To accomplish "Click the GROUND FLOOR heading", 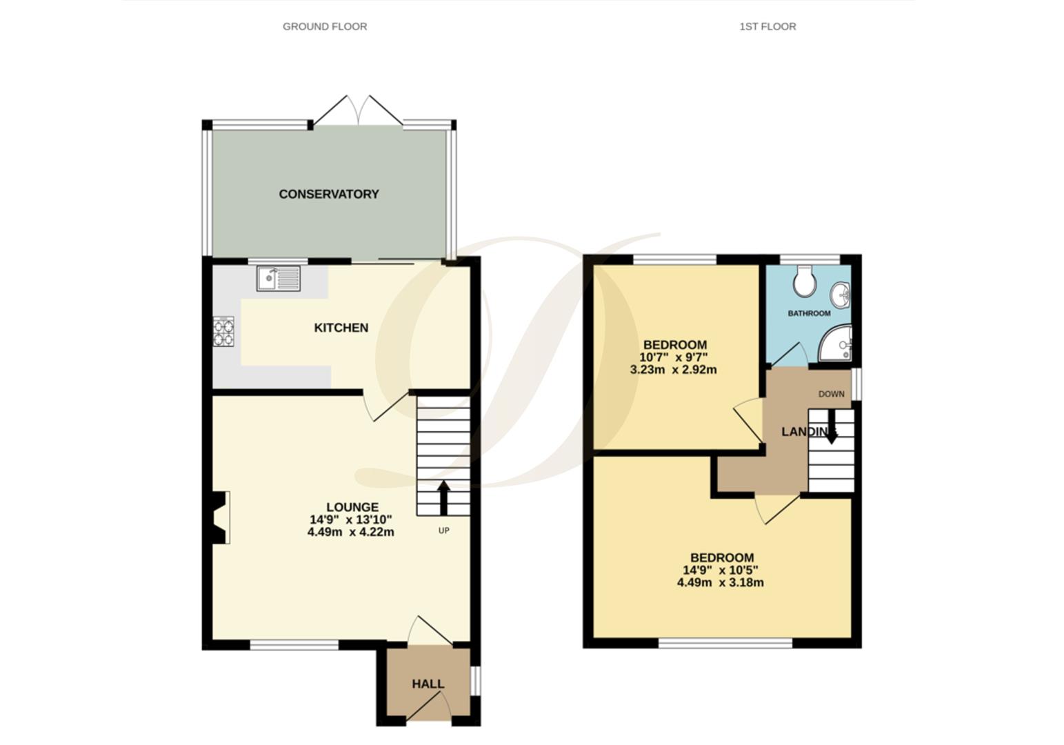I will click(325, 27).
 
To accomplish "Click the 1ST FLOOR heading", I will click(767, 27).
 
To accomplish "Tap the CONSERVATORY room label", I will click(329, 195).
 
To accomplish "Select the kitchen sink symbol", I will click(279, 278).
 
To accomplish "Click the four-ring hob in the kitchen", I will click(223, 330).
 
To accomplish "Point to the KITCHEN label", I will click(341, 328).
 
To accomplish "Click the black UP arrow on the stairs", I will click(443, 497).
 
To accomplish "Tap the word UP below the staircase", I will click(443, 530).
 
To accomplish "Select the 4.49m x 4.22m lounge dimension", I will click(351, 532).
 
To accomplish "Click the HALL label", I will click(428, 684).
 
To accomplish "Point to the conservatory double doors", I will click(359, 110).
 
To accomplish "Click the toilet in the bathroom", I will click(804, 281).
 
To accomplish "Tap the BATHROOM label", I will click(809, 313).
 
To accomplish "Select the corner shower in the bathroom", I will click(837, 345).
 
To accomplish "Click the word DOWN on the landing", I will click(831, 394).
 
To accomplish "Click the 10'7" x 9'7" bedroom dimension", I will click(674, 357).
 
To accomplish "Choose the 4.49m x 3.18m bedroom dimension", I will click(720, 582).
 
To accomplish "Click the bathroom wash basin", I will click(842, 295).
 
